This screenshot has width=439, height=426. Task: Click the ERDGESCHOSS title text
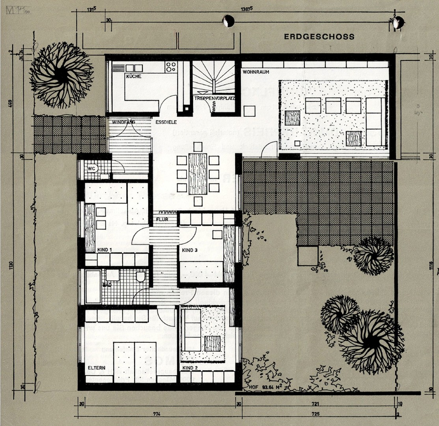tap(319, 37)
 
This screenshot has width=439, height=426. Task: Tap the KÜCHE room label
tap(133, 76)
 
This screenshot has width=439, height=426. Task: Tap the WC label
tap(92, 168)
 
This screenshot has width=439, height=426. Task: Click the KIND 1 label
tap(105, 250)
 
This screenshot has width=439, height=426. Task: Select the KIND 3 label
tap(190, 250)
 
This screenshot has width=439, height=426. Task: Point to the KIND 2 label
tap(190, 368)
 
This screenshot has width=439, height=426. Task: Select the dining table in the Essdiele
tap(198, 174)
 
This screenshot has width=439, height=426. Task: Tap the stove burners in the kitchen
tap(171, 67)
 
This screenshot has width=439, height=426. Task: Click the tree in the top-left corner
tap(61, 75)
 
